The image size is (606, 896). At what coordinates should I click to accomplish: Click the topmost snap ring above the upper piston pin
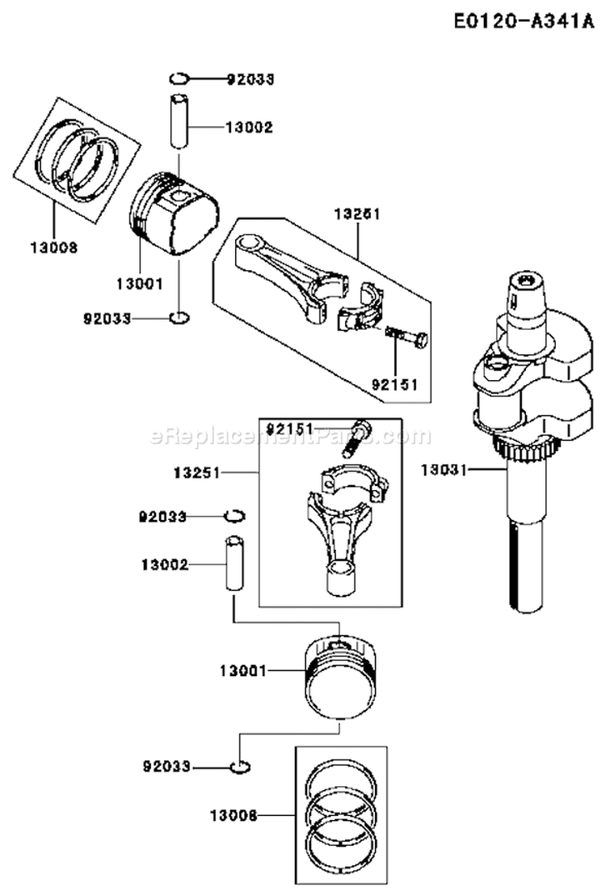click(179, 78)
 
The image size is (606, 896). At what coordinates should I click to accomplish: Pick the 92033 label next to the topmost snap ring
click(250, 79)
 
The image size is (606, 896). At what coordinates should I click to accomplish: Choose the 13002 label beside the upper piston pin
click(249, 127)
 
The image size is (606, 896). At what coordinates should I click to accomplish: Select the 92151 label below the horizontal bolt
click(395, 384)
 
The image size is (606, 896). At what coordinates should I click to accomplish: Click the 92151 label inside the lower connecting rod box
click(289, 426)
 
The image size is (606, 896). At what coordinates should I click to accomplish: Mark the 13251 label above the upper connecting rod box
click(356, 214)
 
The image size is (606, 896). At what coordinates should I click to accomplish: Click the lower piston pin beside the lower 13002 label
click(233, 564)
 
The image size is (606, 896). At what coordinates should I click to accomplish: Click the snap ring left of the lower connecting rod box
click(235, 515)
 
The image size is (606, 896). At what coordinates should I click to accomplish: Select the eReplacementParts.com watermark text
click(291, 437)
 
